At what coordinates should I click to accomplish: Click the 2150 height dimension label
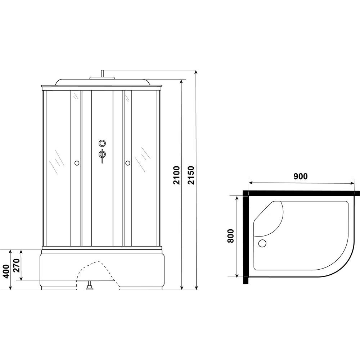pyautogui.click(x=191, y=175)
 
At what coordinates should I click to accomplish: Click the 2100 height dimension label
pyautogui.click(x=177, y=175)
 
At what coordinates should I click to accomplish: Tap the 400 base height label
pyautogui.click(x=6, y=271)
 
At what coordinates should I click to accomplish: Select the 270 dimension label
pyautogui.click(x=17, y=265)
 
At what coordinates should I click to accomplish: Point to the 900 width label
pyautogui.click(x=300, y=176)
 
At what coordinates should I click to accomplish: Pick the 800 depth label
pyautogui.click(x=230, y=236)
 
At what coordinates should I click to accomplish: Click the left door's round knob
pyautogui.click(x=77, y=163)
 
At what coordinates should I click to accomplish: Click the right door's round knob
pyautogui.click(x=128, y=163)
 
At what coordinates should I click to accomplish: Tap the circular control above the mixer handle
pyautogui.click(x=102, y=143)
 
